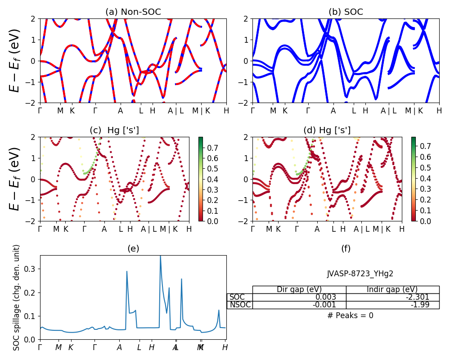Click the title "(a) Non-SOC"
click(133, 12)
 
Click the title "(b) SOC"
click(346, 12)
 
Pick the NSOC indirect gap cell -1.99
click(392, 305)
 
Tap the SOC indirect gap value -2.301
click(392, 297)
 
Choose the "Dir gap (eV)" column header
click(299, 289)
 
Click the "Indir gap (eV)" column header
click(392, 289)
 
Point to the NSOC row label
click(239, 305)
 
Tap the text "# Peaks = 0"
click(350, 315)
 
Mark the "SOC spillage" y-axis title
click(17, 297)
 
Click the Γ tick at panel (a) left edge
click(40, 110)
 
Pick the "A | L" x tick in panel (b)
click(389, 110)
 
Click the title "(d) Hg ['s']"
click(327, 130)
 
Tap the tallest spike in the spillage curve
click(160, 256)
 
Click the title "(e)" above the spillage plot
click(133, 248)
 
